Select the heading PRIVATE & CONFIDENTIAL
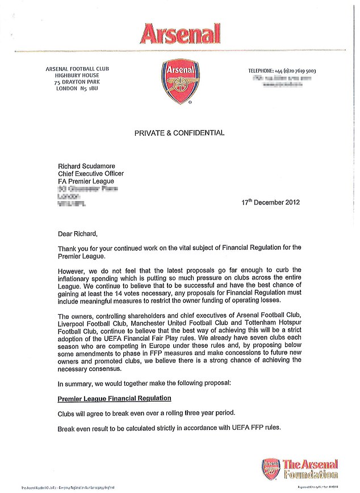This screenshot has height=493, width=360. coord(179,133)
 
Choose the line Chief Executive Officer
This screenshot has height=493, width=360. coord(91,173)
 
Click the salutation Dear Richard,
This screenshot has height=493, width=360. coord(78,233)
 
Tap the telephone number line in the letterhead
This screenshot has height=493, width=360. coord(282,71)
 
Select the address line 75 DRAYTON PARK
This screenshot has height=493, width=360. coord(77,82)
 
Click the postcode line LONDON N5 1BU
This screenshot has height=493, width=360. coord(77,89)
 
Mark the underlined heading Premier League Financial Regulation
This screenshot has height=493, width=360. coord(114,398)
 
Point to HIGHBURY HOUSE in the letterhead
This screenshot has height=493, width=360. coord(77,76)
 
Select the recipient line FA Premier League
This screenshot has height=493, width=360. coord(86,181)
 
